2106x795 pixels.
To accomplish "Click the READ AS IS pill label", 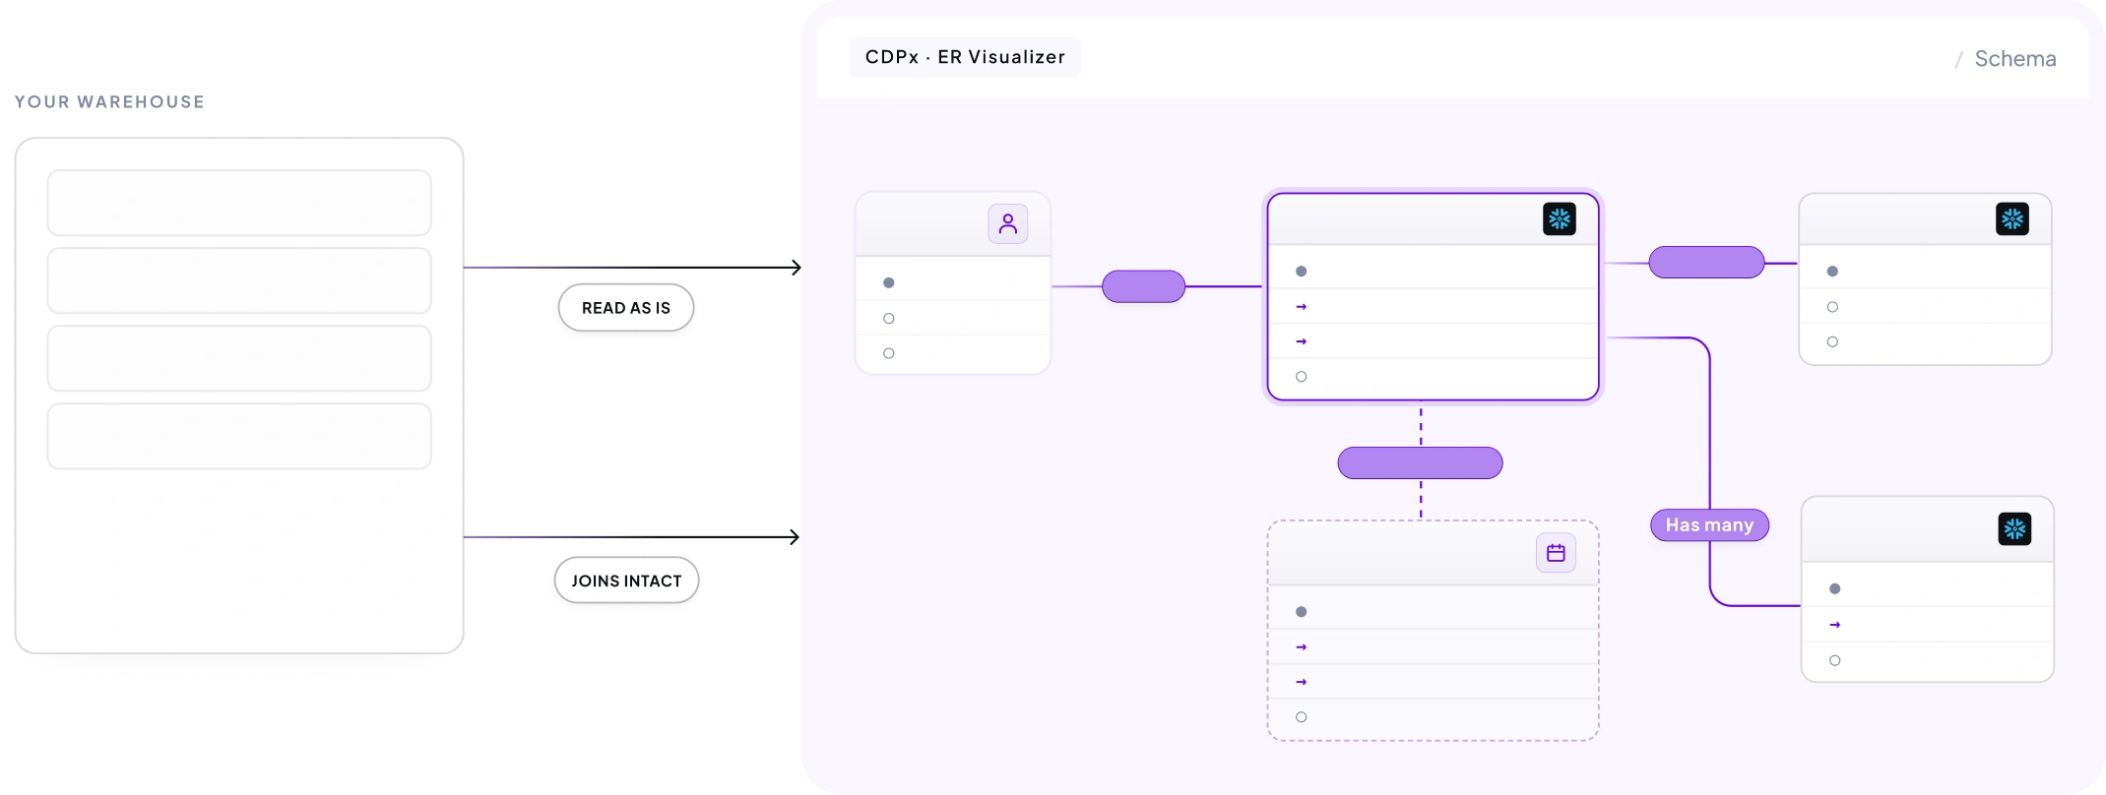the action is pyautogui.click(x=626, y=308).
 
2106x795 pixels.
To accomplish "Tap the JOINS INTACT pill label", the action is pyautogui.click(x=626, y=581).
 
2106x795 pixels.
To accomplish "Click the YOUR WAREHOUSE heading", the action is pyautogui.click(x=109, y=101).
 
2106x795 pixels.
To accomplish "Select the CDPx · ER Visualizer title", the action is pyautogui.click(x=965, y=57).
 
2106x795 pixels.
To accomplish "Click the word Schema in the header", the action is pyautogui.click(x=2015, y=59).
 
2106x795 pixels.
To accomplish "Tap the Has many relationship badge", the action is pyautogui.click(x=1709, y=525).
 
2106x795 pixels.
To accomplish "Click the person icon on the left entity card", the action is pyautogui.click(x=1008, y=224).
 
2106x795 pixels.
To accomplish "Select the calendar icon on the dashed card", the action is pyautogui.click(x=1556, y=553).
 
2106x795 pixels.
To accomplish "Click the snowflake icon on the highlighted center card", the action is pyautogui.click(x=1560, y=218).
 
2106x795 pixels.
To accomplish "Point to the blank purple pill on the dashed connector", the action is pyautogui.click(x=1420, y=462).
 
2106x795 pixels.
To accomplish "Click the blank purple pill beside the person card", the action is pyautogui.click(x=1143, y=286).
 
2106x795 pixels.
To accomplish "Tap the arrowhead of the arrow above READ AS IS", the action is pyautogui.click(x=796, y=268).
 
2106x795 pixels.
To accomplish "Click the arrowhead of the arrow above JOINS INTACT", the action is pyautogui.click(x=794, y=537).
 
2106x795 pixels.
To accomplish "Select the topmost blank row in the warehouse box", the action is pyautogui.click(x=239, y=203).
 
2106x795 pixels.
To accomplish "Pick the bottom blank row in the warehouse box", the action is pyautogui.click(x=239, y=436).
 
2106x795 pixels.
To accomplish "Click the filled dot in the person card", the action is pyautogui.click(x=889, y=283).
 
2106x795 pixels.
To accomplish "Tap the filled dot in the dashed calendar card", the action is pyautogui.click(x=1302, y=612).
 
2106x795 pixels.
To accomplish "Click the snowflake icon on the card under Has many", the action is pyautogui.click(x=2014, y=529).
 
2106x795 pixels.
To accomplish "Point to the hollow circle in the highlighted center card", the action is pyautogui.click(x=1302, y=377).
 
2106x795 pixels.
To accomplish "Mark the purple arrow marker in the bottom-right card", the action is pyautogui.click(x=1834, y=625).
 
